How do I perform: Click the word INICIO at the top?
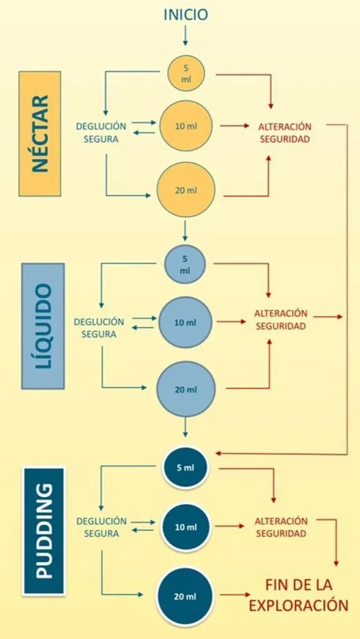click(186, 15)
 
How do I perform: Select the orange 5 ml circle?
click(186, 74)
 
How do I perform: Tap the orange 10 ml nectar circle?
click(186, 126)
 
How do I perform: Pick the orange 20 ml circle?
click(186, 190)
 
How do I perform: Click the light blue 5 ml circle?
click(185, 265)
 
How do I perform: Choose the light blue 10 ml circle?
click(185, 323)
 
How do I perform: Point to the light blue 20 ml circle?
click(186, 389)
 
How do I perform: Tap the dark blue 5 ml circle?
click(185, 467)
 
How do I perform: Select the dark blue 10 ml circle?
click(186, 527)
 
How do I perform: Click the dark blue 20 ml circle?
click(186, 597)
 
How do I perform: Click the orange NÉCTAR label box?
click(40, 134)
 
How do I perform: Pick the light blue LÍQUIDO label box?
click(43, 326)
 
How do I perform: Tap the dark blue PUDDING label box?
click(44, 532)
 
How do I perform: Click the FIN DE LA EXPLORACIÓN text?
click(298, 595)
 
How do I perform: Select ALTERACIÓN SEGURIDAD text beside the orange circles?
click(285, 132)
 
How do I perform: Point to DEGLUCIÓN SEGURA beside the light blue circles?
click(99, 328)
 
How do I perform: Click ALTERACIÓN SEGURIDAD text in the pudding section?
click(281, 527)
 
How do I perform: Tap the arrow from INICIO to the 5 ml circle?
click(185, 36)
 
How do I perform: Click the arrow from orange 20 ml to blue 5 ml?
click(185, 231)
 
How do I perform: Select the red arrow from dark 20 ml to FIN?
click(235, 595)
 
